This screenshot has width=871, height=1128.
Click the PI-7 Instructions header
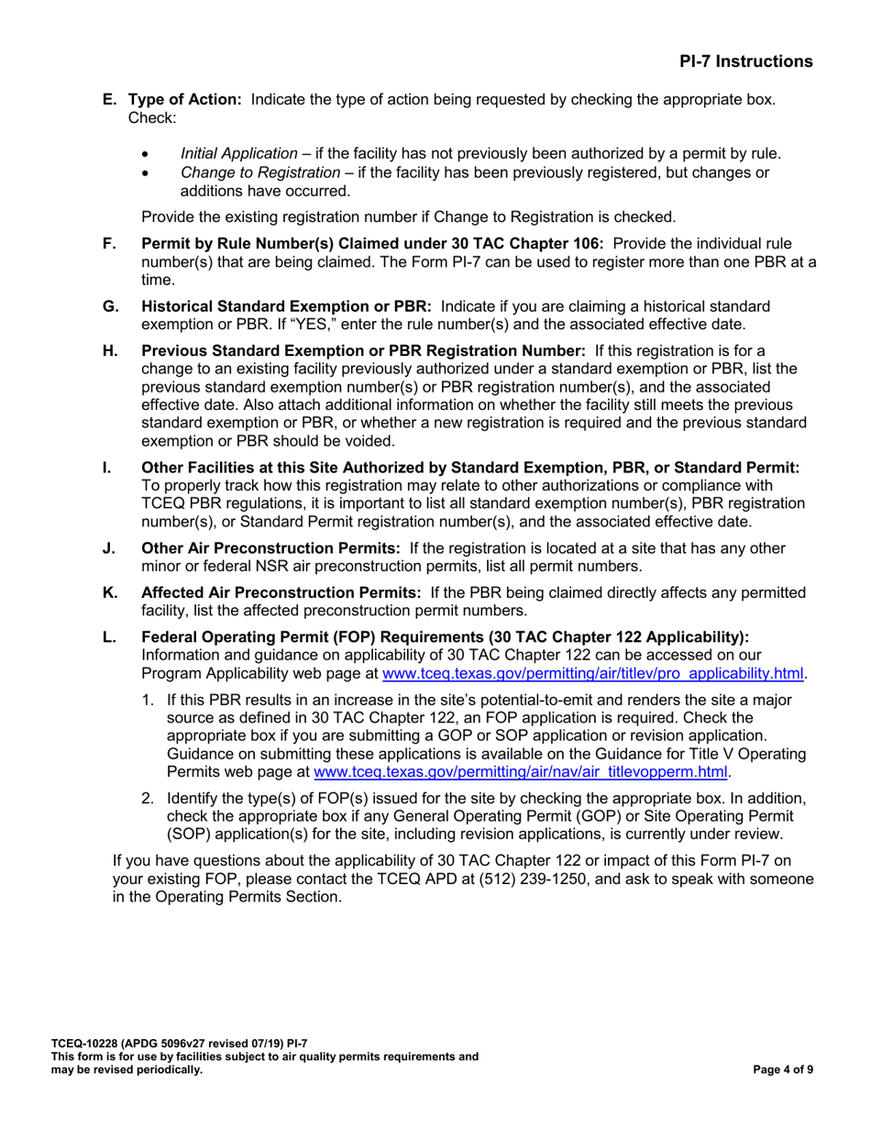coord(745,61)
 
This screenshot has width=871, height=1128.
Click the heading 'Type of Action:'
coord(184,99)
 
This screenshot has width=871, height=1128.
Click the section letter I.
coord(106,468)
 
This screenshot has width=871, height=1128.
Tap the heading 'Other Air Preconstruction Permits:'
coord(270,548)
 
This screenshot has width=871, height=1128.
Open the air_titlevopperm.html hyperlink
coord(521,772)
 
